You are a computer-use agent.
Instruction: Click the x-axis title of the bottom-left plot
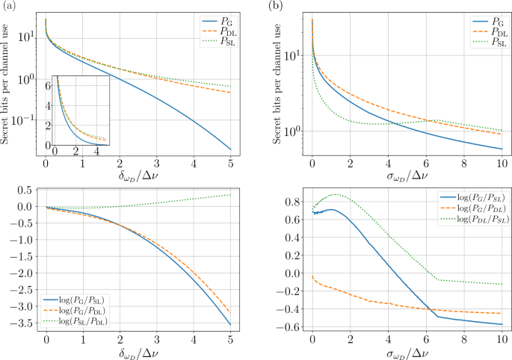[138, 353]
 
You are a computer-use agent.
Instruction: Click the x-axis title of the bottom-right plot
[405, 353]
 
